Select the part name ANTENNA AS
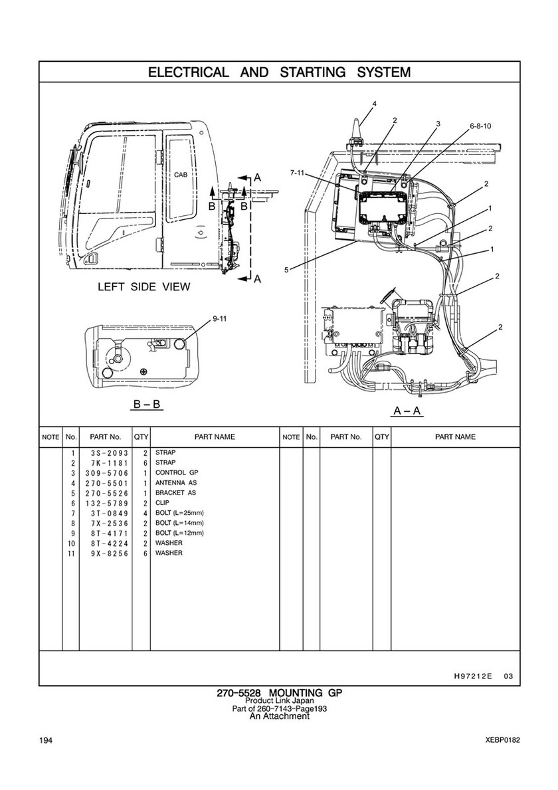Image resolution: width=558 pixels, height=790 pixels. pos(176,482)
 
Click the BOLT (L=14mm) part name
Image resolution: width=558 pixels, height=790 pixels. pos(179,523)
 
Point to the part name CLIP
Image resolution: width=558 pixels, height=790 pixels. pos(163,503)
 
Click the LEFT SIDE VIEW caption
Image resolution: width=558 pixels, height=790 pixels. pos(144,287)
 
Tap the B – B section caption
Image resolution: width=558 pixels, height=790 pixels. pos(147,403)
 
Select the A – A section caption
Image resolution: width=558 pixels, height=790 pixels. pos(408,411)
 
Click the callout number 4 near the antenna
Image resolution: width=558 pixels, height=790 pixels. pos(374,104)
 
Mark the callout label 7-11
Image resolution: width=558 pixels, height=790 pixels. pos(297,173)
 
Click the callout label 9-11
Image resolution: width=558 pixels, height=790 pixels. pos(220,319)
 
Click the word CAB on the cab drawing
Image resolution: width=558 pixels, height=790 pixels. pos(181,175)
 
